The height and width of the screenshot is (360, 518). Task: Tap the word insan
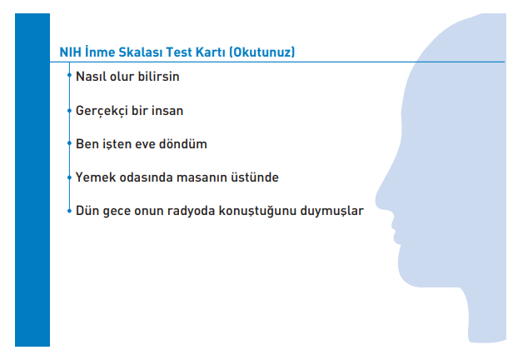[167, 110]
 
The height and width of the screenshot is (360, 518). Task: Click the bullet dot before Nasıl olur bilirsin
[69, 77]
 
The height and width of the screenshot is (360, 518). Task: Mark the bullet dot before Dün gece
[69, 211]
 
